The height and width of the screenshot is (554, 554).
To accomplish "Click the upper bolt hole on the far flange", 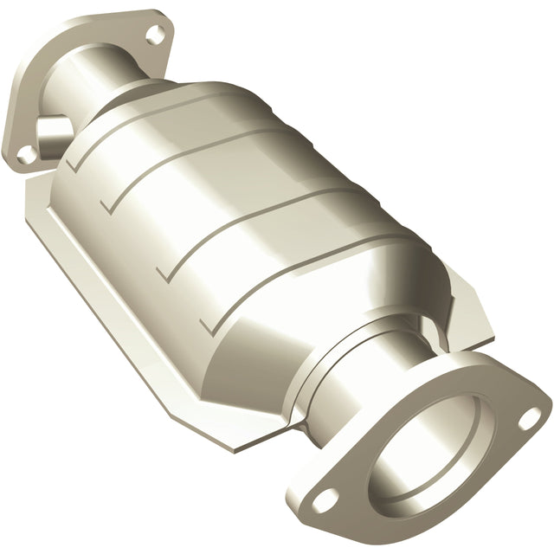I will pyautogui.click(x=155, y=35).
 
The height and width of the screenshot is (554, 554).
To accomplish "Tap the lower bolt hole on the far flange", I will pyautogui.click(x=28, y=153).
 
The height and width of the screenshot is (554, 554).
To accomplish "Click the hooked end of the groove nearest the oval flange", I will pyautogui.click(x=205, y=326).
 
